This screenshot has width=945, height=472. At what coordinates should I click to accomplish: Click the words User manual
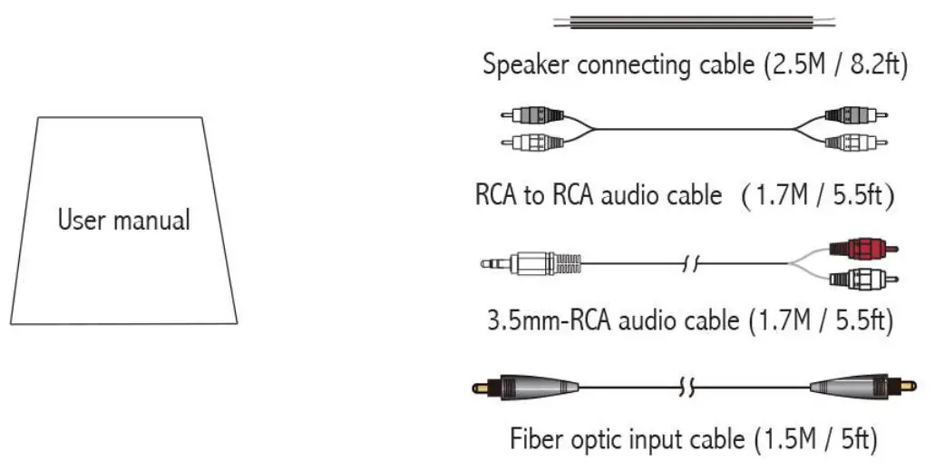pos(124,220)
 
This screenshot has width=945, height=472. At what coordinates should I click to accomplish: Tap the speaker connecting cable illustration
pos(694,23)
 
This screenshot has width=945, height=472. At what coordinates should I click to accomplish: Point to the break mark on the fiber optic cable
pos(686,389)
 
